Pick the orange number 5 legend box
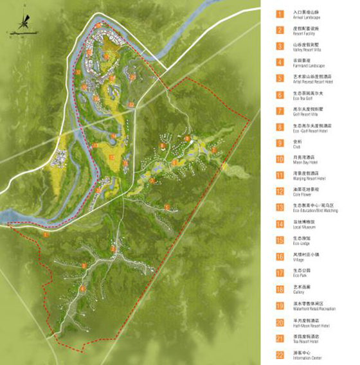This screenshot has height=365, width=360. point(280,78)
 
